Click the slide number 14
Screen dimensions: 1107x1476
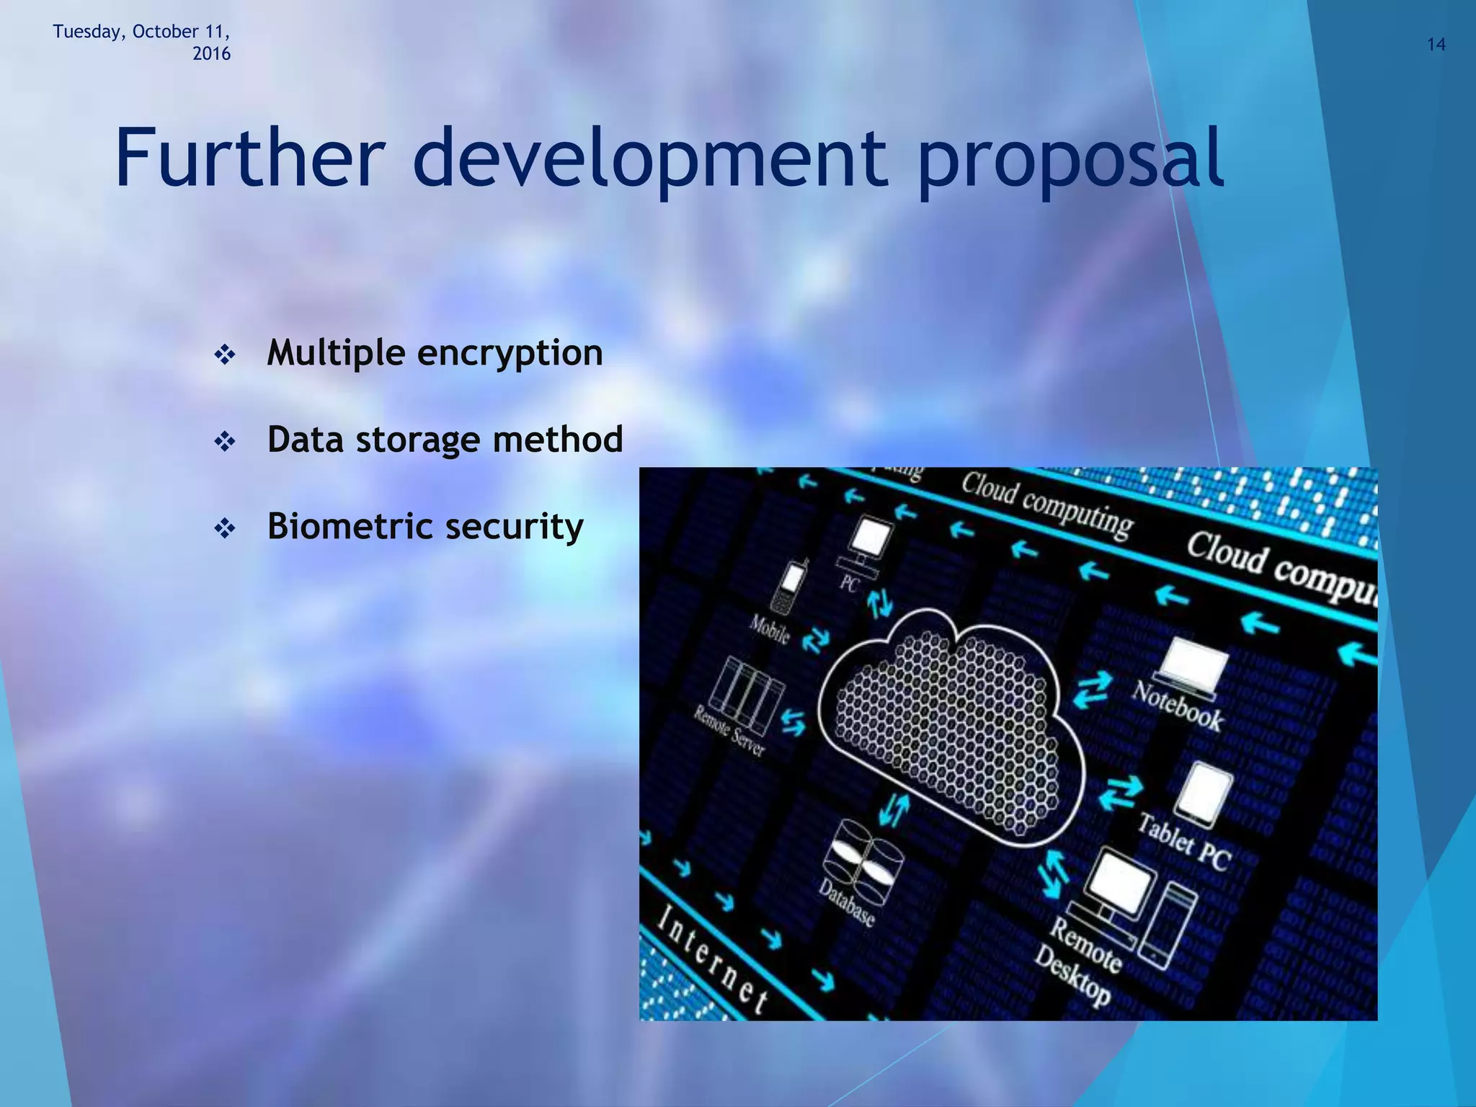1436,45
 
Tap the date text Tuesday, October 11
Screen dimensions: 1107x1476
141,32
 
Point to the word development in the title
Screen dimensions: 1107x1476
649,161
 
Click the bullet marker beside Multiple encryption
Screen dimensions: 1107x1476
225,355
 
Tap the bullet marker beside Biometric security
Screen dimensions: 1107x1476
225,529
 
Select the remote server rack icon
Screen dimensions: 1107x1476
745,683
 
